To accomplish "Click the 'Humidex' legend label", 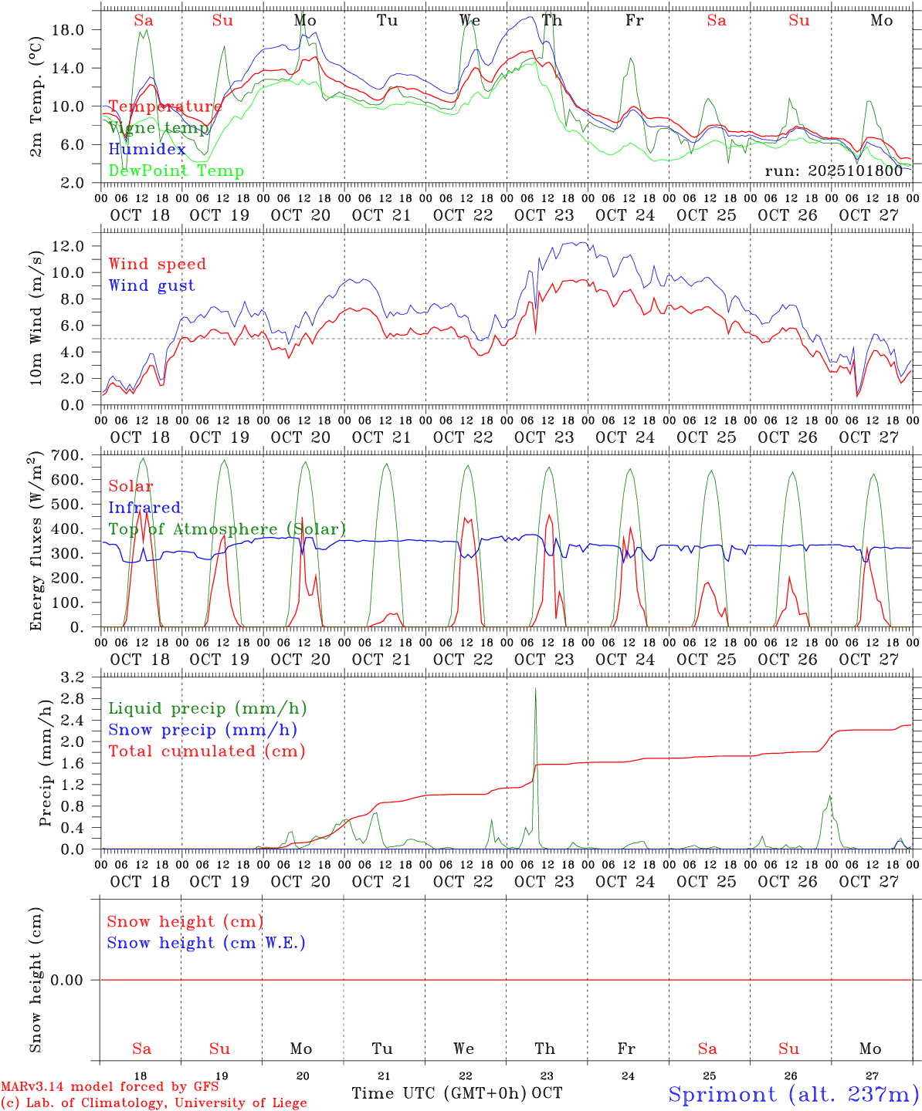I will point(147,150).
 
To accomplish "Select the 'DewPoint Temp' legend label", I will point(176,171).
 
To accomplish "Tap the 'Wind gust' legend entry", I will point(152,285).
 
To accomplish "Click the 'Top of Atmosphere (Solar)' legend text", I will point(227,529).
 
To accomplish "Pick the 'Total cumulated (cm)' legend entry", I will point(207,751).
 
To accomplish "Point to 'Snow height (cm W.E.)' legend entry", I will point(206,943).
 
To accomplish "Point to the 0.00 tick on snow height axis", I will point(75,980).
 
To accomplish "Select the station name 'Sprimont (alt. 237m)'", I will point(793,1094).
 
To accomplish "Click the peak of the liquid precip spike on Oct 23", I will point(535,689).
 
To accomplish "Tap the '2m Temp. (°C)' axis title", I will point(36,97).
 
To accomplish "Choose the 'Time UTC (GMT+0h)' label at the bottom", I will point(439,1093).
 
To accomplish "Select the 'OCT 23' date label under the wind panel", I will point(544,437).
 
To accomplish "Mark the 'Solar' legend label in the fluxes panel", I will point(131,486).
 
